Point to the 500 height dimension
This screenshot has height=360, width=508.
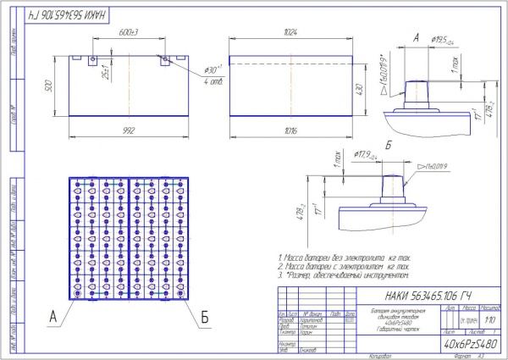coord(50,86)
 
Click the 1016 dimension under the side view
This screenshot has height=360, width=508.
coord(293,130)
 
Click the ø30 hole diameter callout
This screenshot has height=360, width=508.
coord(211,69)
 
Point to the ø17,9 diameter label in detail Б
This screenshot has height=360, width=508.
coord(367,155)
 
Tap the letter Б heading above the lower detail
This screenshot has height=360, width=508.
coord(389,147)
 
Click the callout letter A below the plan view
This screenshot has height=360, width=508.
coord(52,317)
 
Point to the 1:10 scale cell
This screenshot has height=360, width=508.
coord(490,322)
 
